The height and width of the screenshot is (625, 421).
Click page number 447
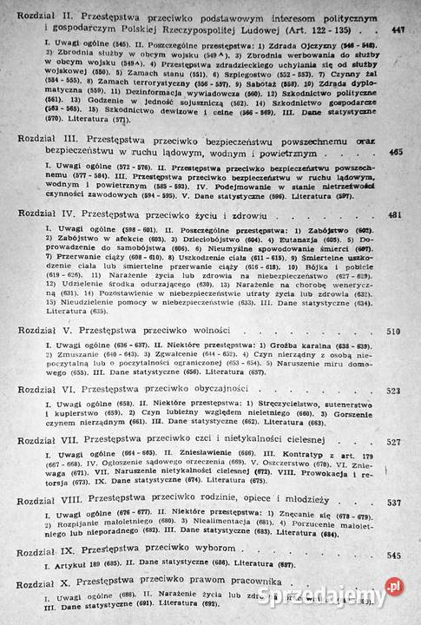(398, 32)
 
